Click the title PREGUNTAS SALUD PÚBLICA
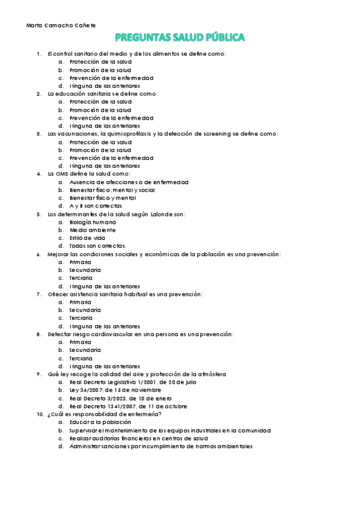[180, 38]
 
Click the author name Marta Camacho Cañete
[61, 25]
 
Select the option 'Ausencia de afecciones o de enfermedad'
[129, 182]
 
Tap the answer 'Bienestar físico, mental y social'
[112, 190]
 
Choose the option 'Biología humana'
[93, 222]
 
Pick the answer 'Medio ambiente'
[93, 230]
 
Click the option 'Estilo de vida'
[87, 238]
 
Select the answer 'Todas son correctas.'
[97, 246]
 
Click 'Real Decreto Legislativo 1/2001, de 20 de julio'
[133, 382]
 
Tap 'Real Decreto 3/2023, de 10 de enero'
[120, 398]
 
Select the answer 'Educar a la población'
[100, 422]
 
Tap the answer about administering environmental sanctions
[160, 446]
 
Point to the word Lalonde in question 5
[161, 214]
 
